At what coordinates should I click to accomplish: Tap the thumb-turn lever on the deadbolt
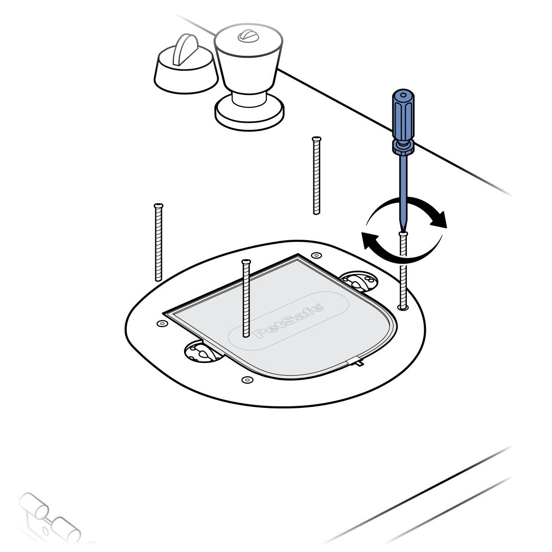coord(185,49)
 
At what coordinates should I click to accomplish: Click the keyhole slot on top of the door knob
coord(248,36)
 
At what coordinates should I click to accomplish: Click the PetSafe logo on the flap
coord(288,320)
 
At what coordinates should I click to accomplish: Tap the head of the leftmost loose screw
coord(158,205)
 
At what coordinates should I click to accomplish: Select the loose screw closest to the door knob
coord(316,175)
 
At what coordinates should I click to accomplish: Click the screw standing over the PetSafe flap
coord(246,298)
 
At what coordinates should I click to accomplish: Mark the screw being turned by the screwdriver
coord(403,270)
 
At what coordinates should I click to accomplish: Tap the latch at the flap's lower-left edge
coord(202,351)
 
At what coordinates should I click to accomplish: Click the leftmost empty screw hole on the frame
coord(162,323)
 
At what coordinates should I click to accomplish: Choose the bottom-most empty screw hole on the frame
coord(247,379)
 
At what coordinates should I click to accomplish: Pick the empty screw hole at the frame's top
coord(316,255)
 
